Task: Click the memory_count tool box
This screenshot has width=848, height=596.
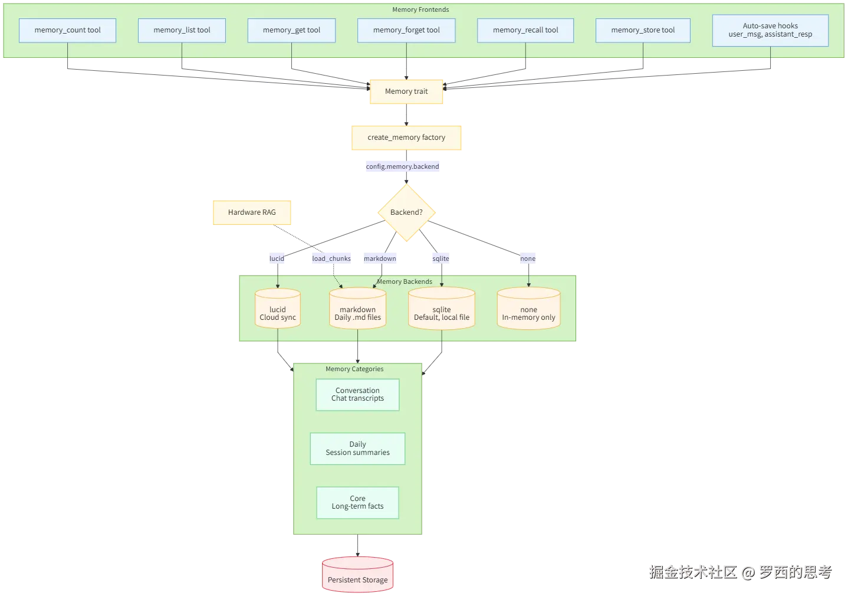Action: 67,30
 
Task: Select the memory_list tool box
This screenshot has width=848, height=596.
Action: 182,30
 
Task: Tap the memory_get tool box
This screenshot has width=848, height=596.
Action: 291,30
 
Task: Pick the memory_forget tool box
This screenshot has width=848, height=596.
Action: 406,30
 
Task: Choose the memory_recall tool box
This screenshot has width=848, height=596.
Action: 525,30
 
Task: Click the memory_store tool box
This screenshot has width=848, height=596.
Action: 643,30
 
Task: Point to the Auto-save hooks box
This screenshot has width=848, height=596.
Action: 770,30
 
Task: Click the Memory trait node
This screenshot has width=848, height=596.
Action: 406,91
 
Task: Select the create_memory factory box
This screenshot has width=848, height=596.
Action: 406,137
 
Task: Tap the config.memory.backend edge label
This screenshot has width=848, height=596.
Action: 402,166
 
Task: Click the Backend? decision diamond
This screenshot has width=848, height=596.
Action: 406,212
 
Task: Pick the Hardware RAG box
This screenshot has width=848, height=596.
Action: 252,212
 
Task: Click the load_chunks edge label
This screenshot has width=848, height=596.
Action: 331,258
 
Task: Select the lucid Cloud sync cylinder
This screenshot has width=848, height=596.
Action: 278,310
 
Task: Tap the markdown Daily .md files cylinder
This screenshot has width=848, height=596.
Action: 357,310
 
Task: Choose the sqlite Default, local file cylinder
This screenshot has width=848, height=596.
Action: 441,310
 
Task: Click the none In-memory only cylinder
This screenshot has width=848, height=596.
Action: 528,310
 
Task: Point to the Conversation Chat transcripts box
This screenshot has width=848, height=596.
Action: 357,395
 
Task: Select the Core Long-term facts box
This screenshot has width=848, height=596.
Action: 357,502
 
